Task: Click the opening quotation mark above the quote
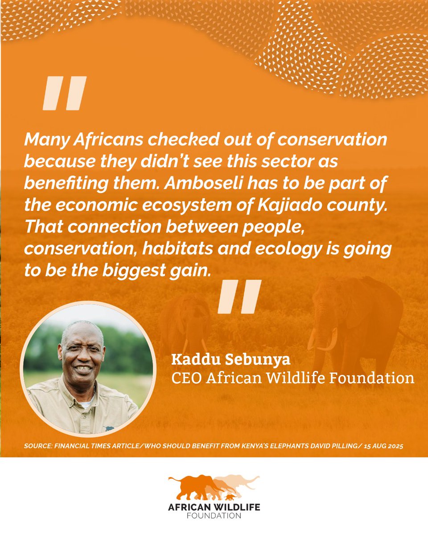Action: pyautogui.click(x=64, y=93)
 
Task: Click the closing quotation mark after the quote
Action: pyautogui.click(x=239, y=296)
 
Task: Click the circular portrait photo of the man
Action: pyautogui.click(x=87, y=368)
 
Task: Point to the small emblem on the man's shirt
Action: pyautogui.click(x=108, y=428)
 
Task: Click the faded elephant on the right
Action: pyautogui.click(x=352, y=325)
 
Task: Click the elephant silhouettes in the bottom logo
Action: pyautogui.click(x=213, y=488)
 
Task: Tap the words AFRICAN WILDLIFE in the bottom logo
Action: pyautogui.click(x=214, y=508)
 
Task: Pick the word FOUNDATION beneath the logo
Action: pyautogui.click(x=214, y=516)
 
